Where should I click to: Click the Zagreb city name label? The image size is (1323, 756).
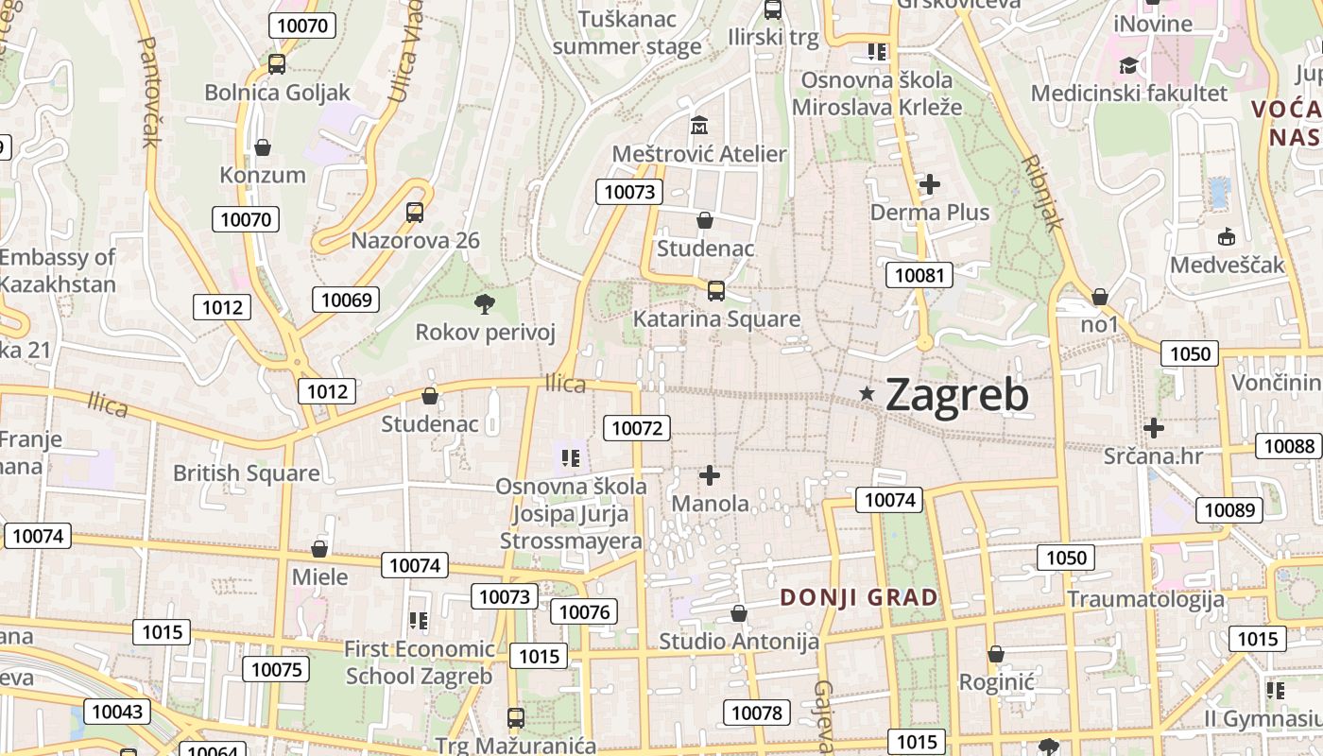(956, 395)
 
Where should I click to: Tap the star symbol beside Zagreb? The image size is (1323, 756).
(867, 393)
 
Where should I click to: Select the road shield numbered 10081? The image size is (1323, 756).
(919, 275)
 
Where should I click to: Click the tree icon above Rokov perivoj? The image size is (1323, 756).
(485, 303)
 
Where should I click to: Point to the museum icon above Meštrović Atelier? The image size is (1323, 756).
(699, 125)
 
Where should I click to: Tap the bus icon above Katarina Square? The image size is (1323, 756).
(716, 290)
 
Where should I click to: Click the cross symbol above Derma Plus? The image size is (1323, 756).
(930, 184)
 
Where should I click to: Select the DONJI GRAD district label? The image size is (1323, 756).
(859, 597)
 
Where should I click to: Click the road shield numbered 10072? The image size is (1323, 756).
(637, 427)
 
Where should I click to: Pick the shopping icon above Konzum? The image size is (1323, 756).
(263, 147)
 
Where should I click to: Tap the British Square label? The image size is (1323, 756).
(246, 472)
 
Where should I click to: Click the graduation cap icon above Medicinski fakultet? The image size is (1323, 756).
(1128, 65)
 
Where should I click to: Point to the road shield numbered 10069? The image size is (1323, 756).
(346, 301)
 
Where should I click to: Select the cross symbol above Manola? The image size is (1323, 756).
(710, 475)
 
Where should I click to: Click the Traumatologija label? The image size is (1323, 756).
(1145, 599)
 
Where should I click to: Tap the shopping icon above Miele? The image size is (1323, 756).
(319, 549)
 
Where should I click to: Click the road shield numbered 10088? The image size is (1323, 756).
(1288, 446)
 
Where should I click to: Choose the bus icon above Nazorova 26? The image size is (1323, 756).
(415, 213)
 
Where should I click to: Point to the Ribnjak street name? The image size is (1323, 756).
(1042, 193)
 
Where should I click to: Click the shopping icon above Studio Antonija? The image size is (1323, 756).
(739, 614)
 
